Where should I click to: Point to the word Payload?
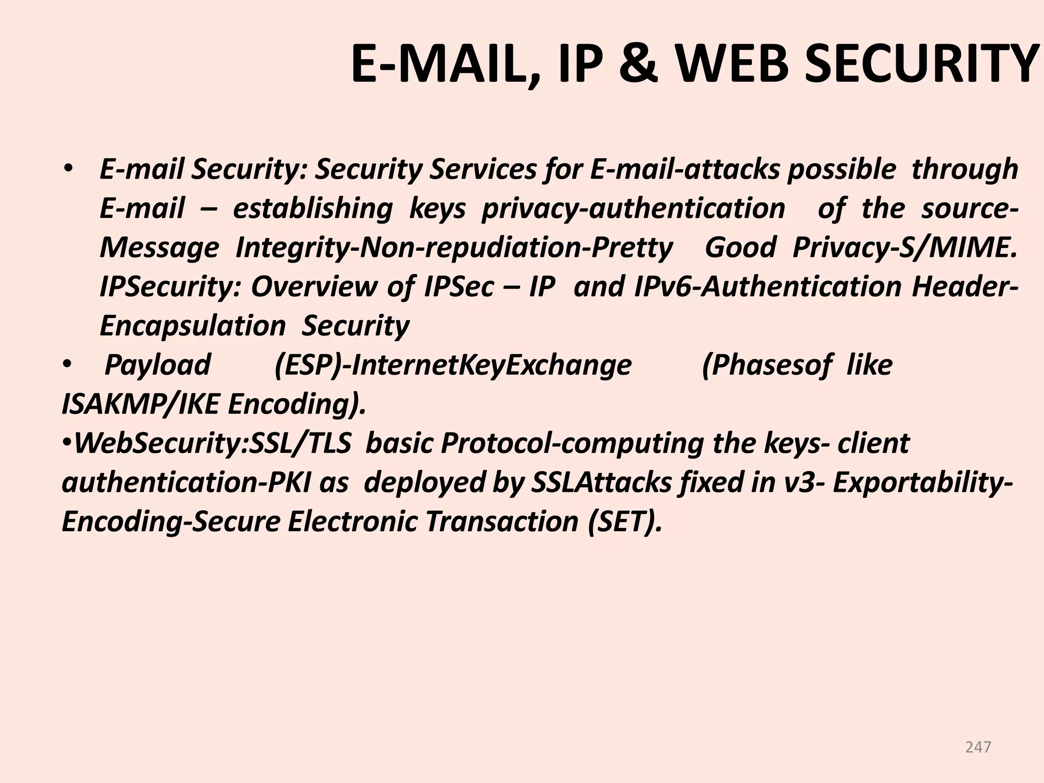point(158,365)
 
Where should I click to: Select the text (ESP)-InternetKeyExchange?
point(453,365)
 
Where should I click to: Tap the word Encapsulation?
point(192,326)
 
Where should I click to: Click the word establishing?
point(312,208)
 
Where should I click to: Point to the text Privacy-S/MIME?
point(904,248)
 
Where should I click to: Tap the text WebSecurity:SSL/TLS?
point(213,443)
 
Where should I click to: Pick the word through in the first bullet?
point(964,169)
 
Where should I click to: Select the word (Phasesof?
point(767,365)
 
